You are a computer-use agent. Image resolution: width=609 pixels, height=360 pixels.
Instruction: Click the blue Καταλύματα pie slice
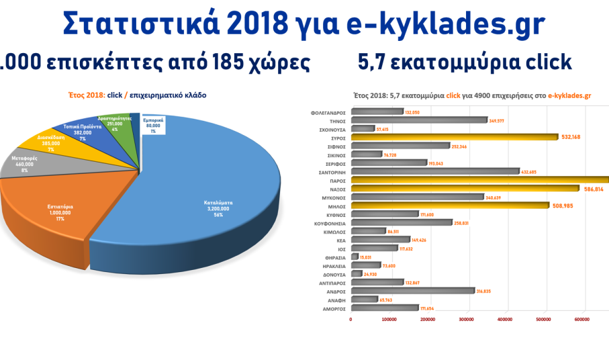click(x=201, y=195)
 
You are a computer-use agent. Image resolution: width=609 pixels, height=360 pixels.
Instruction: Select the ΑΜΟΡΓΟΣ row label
click(x=332, y=308)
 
